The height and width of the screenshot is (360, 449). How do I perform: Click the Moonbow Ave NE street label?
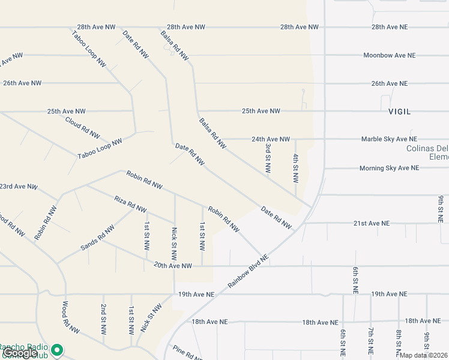pyautogui.click(x=389, y=55)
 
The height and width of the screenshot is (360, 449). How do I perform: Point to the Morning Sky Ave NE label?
pyautogui.click(x=389, y=168)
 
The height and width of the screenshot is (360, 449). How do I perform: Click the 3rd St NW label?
pyautogui.click(x=268, y=155)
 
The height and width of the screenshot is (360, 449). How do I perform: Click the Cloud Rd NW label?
pyautogui.click(x=82, y=127)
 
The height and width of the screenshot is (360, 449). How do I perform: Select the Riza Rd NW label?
pyautogui.click(x=130, y=204)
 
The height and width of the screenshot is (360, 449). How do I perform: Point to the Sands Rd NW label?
pyautogui.click(x=98, y=238)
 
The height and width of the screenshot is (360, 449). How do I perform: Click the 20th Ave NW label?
pyautogui.click(x=173, y=265)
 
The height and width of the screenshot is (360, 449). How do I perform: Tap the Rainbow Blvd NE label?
pyautogui.click(x=248, y=272)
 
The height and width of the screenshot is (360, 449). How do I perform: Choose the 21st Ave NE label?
pyautogui.click(x=371, y=223)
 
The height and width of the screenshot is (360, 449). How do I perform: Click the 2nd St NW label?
pyautogui.click(x=103, y=319)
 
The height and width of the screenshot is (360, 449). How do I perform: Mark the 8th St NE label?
pyautogui.click(x=398, y=341)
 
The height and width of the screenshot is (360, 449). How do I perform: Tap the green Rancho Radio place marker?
pyautogui.click(x=57, y=349)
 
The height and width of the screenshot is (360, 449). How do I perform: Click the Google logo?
pyautogui.click(x=19, y=353)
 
